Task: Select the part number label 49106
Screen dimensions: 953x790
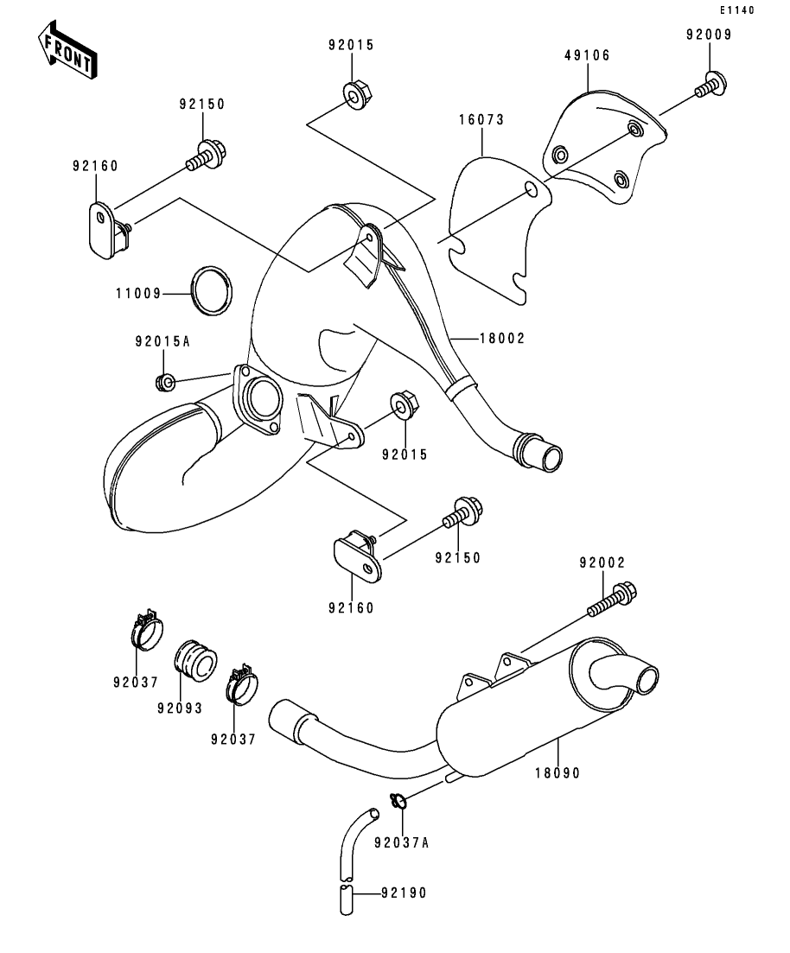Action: click(x=587, y=55)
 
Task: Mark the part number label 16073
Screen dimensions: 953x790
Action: click(x=481, y=120)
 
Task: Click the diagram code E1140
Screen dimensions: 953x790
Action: click(x=736, y=10)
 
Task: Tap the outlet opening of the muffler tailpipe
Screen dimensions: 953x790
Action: click(x=648, y=678)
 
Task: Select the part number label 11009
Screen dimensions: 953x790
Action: click(x=138, y=294)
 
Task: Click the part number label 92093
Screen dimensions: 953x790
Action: click(x=179, y=708)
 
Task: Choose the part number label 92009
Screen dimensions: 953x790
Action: click(x=709, y=35)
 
